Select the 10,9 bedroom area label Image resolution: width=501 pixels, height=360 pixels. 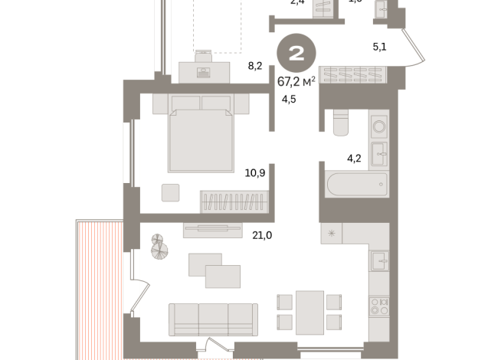coord(254,173)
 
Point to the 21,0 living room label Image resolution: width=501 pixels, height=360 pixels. coord(261,235)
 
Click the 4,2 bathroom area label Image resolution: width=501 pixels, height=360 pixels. coord(353,159)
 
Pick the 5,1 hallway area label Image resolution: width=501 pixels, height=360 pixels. coord(379,47)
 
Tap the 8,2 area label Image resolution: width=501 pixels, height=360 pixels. coord(254,66)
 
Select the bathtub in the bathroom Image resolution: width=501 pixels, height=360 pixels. coord(356,185)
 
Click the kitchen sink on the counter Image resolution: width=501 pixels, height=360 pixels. coord(379,261)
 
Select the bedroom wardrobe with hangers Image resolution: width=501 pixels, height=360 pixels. coord(234,202)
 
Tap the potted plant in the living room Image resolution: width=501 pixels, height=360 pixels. coord(160,247)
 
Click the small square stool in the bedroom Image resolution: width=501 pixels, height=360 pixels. coord(171,192)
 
